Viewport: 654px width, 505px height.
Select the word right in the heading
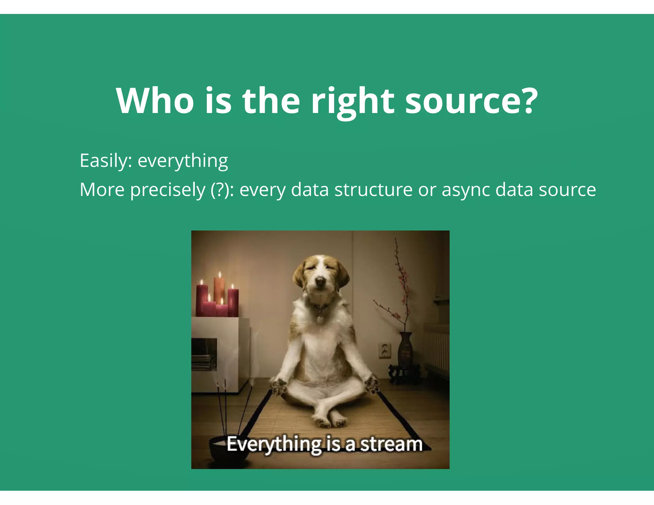(x=353, y=102)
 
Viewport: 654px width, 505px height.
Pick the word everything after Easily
(x=183, y=161)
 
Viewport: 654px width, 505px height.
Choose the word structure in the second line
(x=374, y=190)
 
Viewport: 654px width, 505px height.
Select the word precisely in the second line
(x=168, y=190)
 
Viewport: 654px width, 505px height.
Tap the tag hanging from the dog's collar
(x=319, y=318)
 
